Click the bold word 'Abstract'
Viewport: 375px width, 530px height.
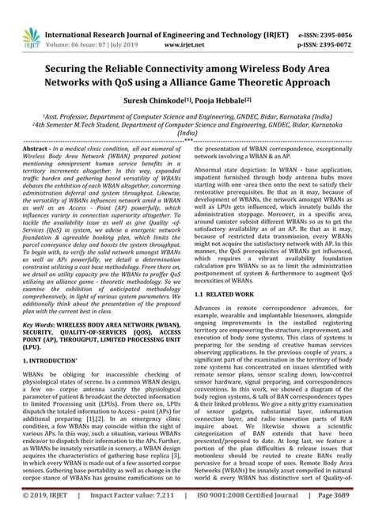[37, 149]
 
